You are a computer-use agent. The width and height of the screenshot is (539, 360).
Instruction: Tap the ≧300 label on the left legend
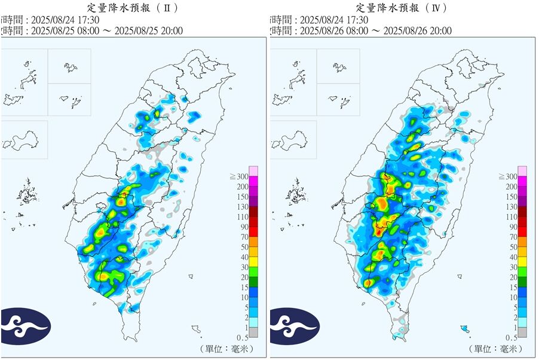click(x=238, y=176)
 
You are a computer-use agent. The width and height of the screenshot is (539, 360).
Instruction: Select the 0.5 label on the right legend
click(x=512, y=337)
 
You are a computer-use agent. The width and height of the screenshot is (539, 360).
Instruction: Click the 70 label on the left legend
click(x=244, y=237)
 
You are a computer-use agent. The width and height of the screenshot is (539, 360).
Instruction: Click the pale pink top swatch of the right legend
click(x=523, y=171)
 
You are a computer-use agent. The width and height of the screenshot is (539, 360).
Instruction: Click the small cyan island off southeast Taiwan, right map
click(x=464, y=328)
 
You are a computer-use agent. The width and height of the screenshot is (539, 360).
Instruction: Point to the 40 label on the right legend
click(x=513, y=257)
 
